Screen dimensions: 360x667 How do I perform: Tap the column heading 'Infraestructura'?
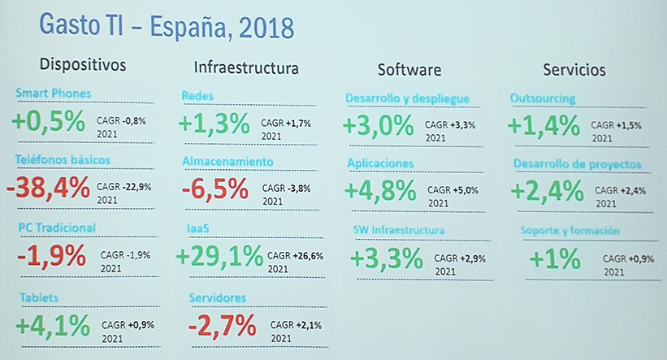246,67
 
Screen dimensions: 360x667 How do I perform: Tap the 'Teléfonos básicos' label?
62,160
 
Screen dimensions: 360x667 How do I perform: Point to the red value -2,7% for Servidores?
222,327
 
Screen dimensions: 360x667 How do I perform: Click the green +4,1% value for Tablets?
52,325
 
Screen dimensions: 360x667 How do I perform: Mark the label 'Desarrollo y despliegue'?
407,98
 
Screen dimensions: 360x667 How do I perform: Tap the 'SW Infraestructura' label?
398,230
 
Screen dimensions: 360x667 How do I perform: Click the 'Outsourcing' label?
543,98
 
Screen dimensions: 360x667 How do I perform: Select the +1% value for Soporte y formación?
555,259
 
